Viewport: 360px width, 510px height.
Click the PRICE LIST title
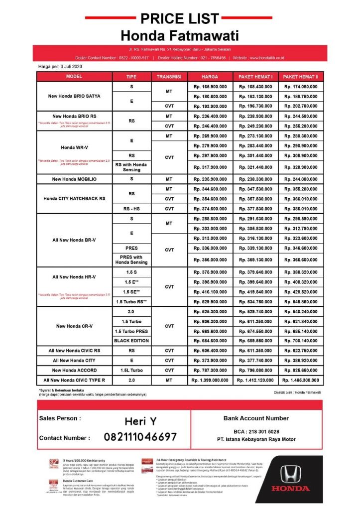point(179,19)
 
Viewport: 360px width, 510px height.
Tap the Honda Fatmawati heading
point(179,36)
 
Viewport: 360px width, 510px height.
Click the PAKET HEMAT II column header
point(301,77)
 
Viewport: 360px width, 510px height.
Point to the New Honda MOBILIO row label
point(74,179)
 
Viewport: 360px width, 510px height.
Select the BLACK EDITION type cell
point(131,341)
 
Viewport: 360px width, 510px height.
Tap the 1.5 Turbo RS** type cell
point(131,301)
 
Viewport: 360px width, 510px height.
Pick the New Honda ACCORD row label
point(74,370)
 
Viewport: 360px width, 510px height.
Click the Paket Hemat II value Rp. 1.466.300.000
point(301,380)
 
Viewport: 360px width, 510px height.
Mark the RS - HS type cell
point(131,209)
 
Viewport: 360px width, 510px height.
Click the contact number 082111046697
point(140,437)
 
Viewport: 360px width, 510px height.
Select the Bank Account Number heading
point(256,418)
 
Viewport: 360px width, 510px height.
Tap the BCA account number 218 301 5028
point(256,431)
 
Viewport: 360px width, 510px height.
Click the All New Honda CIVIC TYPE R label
point(74,380)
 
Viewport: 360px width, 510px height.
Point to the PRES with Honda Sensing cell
point(131,259)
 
